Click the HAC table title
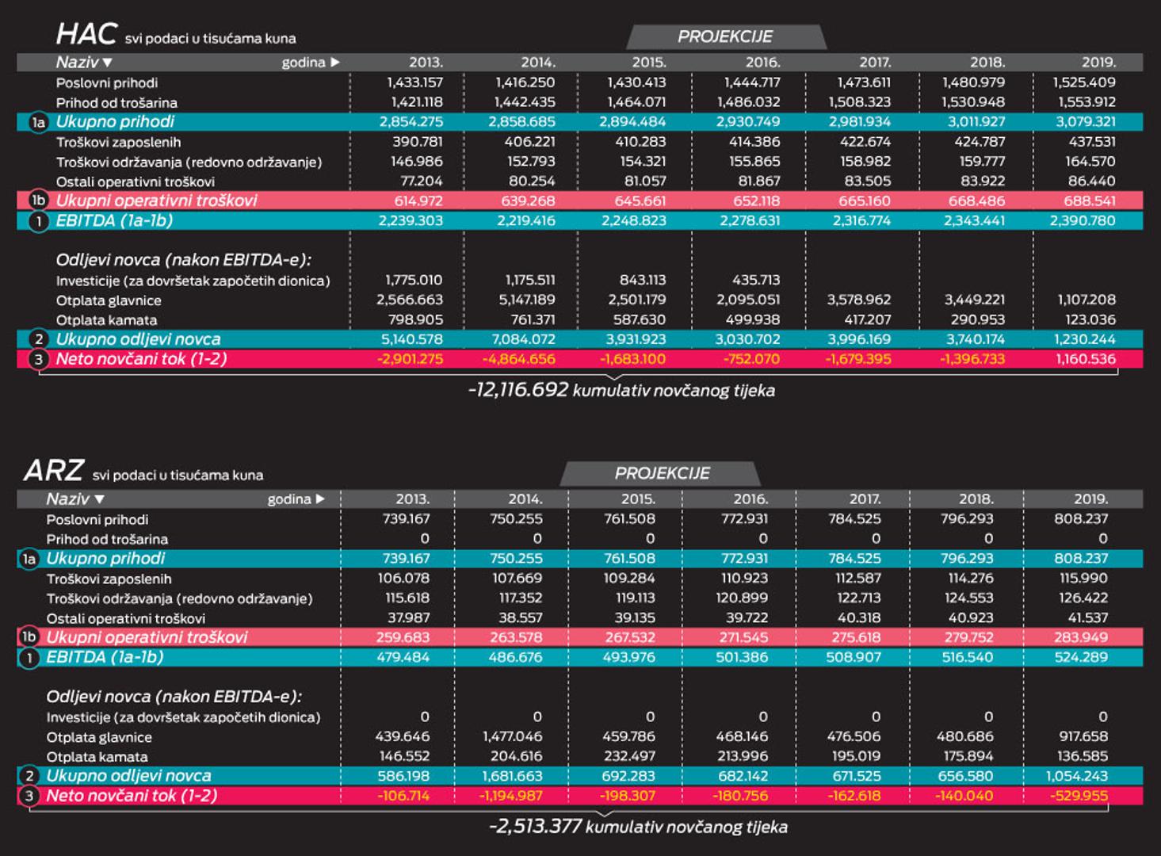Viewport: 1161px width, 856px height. click(x=86, y=34)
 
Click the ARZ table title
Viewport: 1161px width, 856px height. click(x=53, y=471)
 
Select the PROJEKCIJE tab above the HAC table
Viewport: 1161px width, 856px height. click(x=725, y=36)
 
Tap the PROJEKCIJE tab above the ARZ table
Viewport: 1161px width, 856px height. click(x=662, y=473)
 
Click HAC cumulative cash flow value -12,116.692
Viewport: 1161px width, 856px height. click(x=518, y=390)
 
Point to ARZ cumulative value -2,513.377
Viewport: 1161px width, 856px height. click(x=536, y=827)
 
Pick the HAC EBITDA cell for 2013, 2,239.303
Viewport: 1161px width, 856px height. click(x=411, y=221)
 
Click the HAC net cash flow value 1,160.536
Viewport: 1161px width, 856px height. click(x=1085, y=359)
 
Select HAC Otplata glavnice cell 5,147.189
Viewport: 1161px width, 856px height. click(x=526, y=300)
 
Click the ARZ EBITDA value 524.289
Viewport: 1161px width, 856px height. click(x=1080, y=657)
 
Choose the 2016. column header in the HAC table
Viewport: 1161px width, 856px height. click(x=762, y=62)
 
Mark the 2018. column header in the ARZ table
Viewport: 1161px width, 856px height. click(x=976, y=499)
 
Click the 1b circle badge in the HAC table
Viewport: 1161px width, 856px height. click(x=38, y=201)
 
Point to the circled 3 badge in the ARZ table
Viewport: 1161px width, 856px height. click(x=29, y=796)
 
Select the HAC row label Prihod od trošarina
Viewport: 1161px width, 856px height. click(x=116, y=102)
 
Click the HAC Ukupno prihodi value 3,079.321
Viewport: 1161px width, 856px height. click(x=1085, y=122)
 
